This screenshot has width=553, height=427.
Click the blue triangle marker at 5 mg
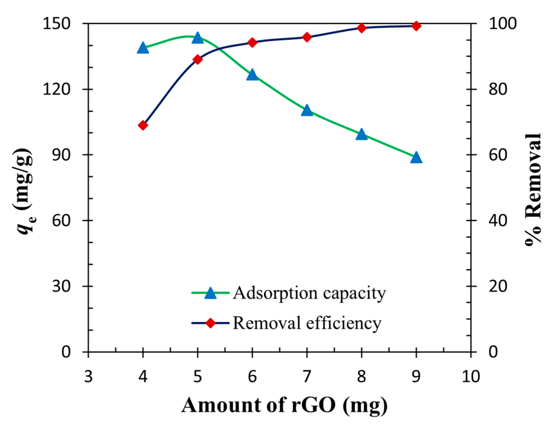point(198,38)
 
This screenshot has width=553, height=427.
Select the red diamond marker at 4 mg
point(143,125)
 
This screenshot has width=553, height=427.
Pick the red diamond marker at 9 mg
point(416,26)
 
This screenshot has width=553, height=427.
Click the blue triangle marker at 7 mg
point(307,111)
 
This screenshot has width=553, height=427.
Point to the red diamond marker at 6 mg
point(252,43)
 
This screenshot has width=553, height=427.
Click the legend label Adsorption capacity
point(309,293)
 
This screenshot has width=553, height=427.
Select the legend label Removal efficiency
point(307,323)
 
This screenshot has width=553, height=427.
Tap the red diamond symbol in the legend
point(210,323)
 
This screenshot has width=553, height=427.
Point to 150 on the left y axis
point(57,23)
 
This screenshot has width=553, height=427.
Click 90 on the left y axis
point(61,155)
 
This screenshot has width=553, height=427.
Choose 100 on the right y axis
point(503,23)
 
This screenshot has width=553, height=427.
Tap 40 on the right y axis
point(498,220)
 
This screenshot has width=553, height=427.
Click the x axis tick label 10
point(471,376)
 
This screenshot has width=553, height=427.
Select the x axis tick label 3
point(88,376)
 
